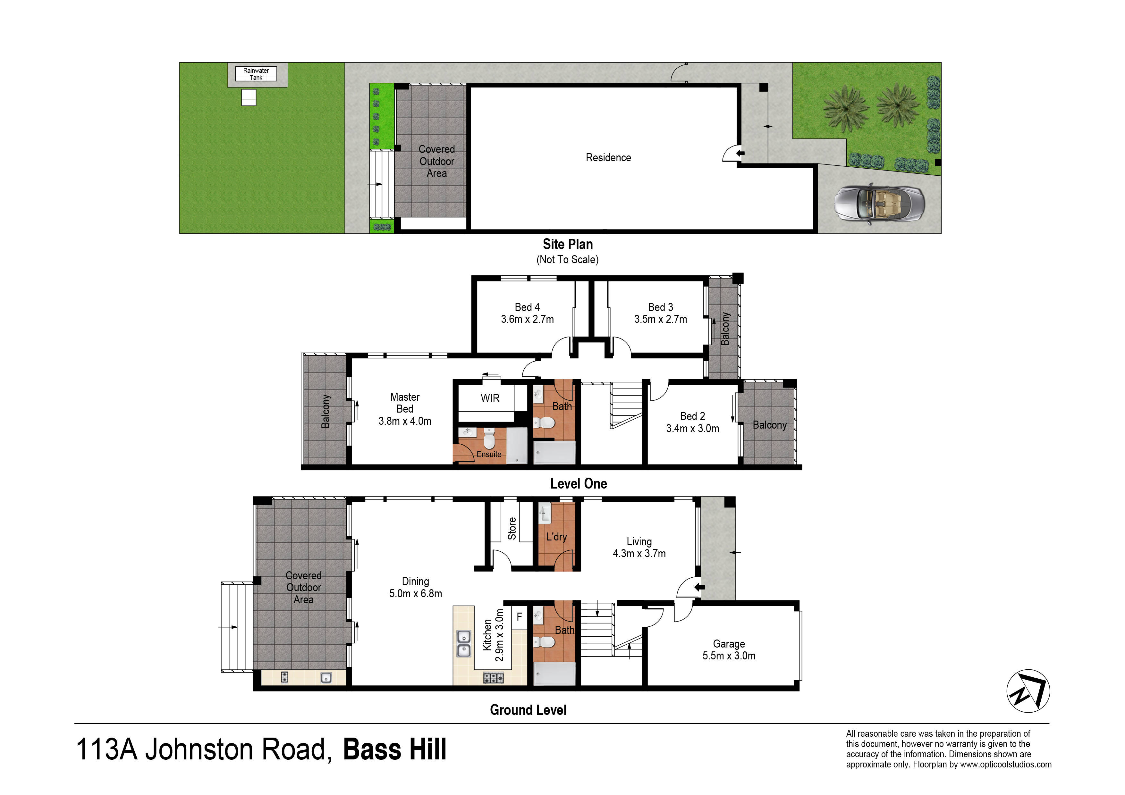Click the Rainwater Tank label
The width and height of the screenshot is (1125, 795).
coord(256,74)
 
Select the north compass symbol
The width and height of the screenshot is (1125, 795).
coord(1028,691)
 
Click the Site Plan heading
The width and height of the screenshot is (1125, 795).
coord(567,244)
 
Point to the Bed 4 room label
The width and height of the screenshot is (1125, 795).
coord(527,307)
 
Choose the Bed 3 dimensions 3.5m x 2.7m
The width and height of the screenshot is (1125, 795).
coord(661,319)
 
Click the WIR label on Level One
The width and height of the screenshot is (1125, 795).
coord(490,398)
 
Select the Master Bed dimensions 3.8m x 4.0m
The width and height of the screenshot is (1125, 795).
coord(405,421)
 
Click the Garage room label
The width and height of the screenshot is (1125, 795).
coord(729,644)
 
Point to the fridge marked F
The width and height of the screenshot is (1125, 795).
coord(520,617)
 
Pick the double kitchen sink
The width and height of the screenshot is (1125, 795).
coord(463,644)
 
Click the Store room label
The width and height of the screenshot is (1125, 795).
coord(512,529)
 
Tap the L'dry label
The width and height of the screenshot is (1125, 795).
coord(557,537)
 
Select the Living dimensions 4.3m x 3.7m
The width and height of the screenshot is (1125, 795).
coord(639,554)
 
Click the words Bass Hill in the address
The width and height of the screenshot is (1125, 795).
coord(395,749)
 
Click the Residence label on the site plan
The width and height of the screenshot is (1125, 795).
coord(608,158)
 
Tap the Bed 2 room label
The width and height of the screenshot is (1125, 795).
coord(692,416)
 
